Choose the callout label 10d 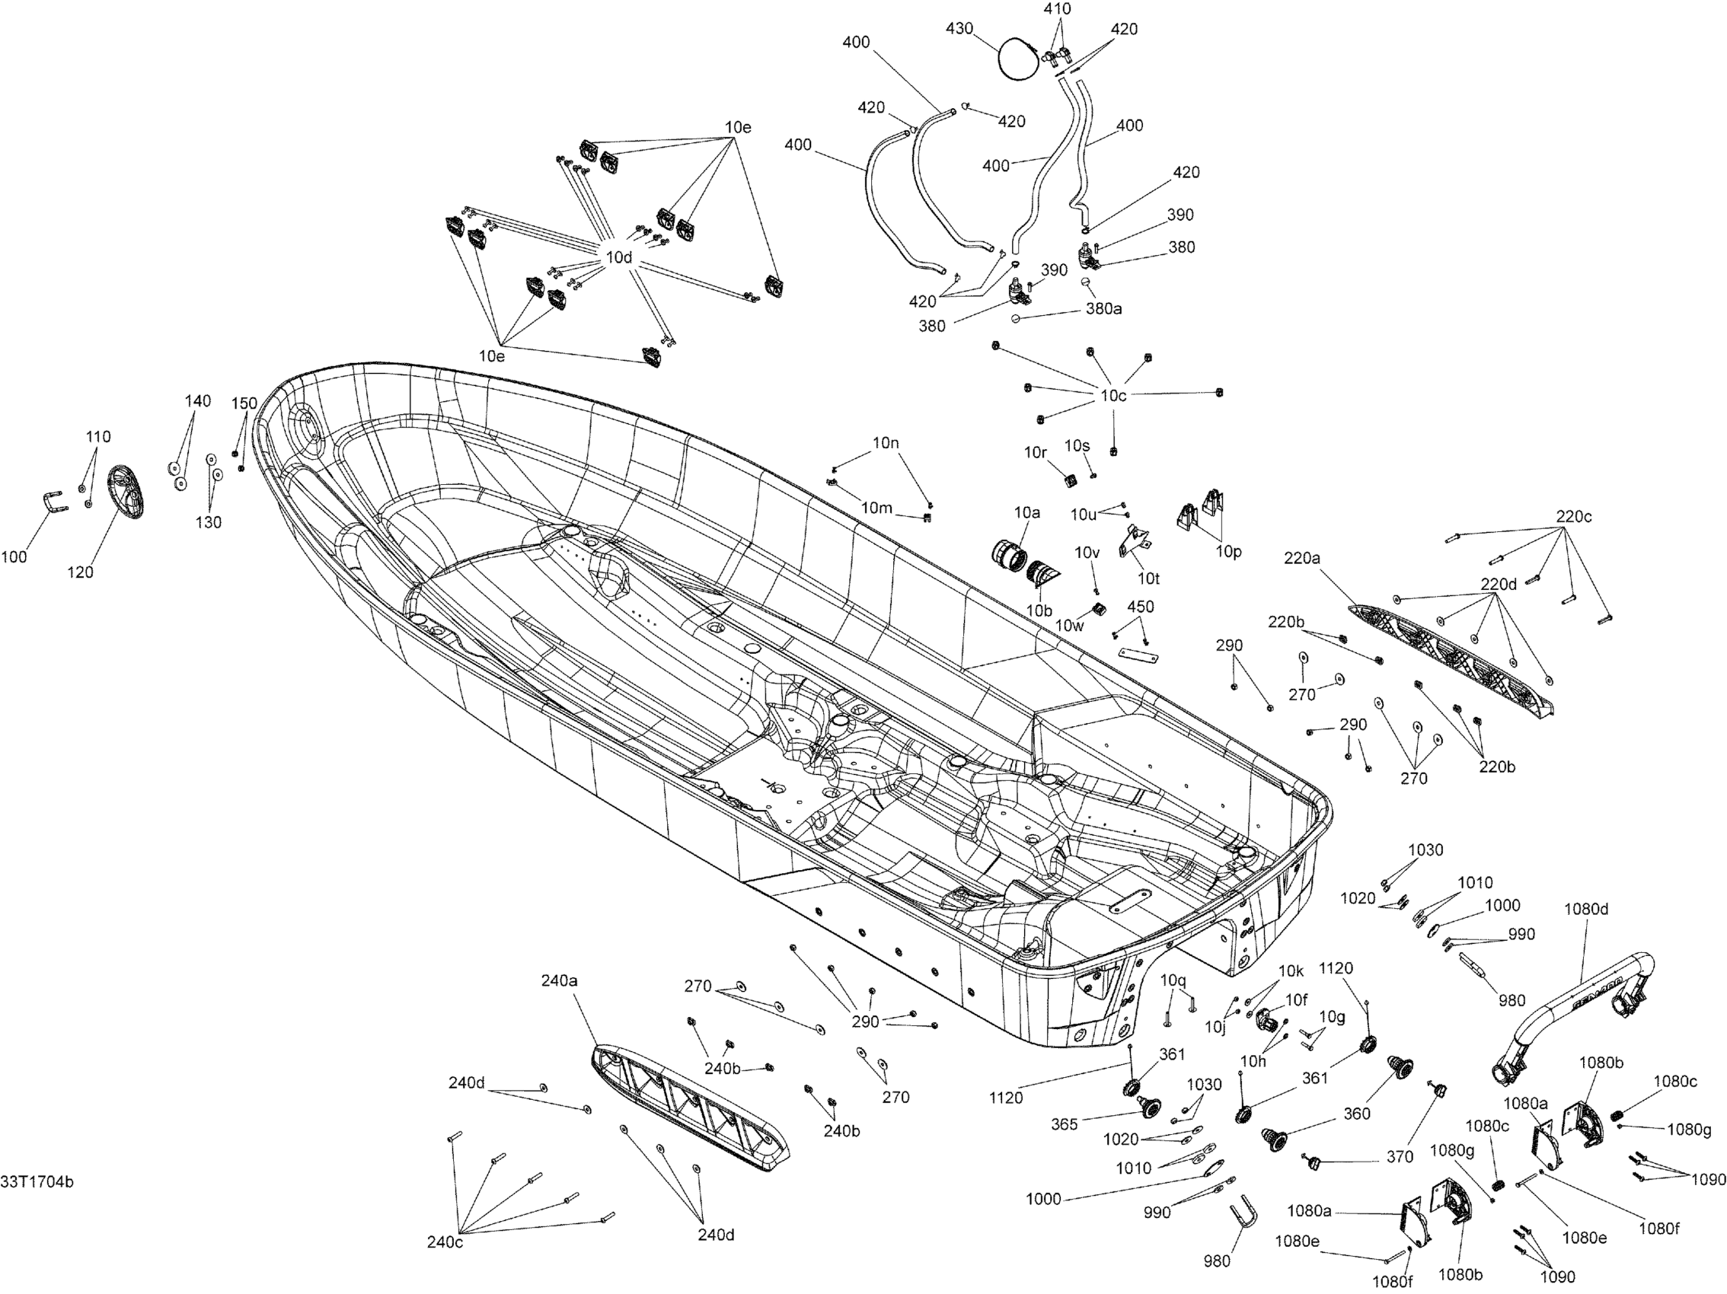tap(618, 257)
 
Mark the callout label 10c tap(1113, 396)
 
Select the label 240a tap(559, 981)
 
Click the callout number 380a tap(1104, 309)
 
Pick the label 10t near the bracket tap(1148, 578)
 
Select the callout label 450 tap(1141, 607)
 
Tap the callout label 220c tap(1574, 517)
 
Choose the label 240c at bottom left tap(444, 1241)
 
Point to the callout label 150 tap(244, 403)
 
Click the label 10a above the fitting tap(1027, 513)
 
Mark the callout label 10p tap(1228, 552)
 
